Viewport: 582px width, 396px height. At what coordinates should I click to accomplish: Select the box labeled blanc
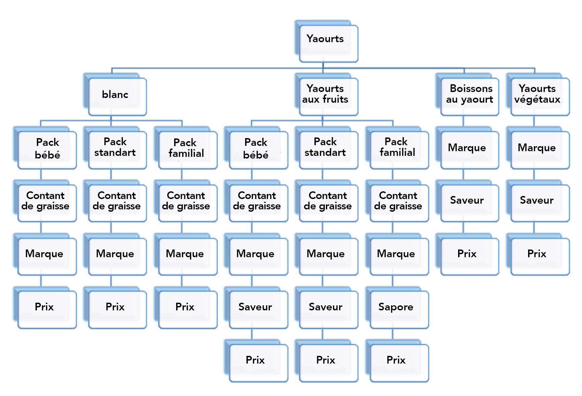tap(116, 95)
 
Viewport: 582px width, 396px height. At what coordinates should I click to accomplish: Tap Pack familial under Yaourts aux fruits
tap(397, 149)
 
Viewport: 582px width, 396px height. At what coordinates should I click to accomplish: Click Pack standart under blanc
tap(116, 149)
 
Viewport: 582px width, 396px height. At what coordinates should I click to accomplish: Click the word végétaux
tap(537, 100)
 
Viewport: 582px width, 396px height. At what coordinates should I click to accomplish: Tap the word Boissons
tap(471, 89)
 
